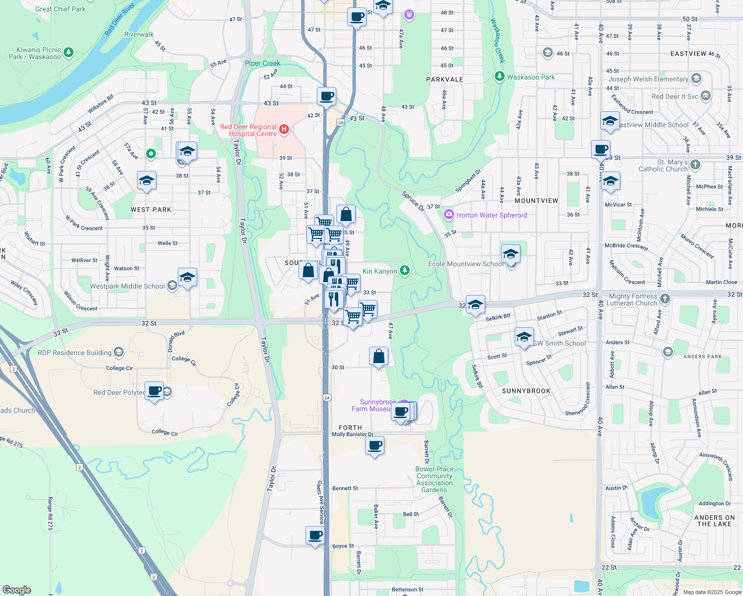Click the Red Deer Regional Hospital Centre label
coord(248,130)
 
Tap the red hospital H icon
coord(284,130)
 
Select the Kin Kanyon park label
coord(379,271)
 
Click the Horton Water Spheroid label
coord(491,215)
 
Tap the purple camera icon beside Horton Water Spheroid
coord(449,215)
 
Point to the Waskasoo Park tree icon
coord(500,77)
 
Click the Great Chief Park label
coord(60,9)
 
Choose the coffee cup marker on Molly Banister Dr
coord(375,445)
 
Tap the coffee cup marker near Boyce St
coord(315,535)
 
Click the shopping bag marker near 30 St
coord(378,356)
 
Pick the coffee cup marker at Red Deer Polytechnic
coord(154,391)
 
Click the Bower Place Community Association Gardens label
coord(434,479)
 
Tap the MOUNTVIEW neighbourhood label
coord(536,201)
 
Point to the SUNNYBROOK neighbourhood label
coord(526,391)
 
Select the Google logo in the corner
coord(16,590)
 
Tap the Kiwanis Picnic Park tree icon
coord(69,52)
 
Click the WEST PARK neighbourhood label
coord(151,210)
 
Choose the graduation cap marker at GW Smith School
coord(524,337)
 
